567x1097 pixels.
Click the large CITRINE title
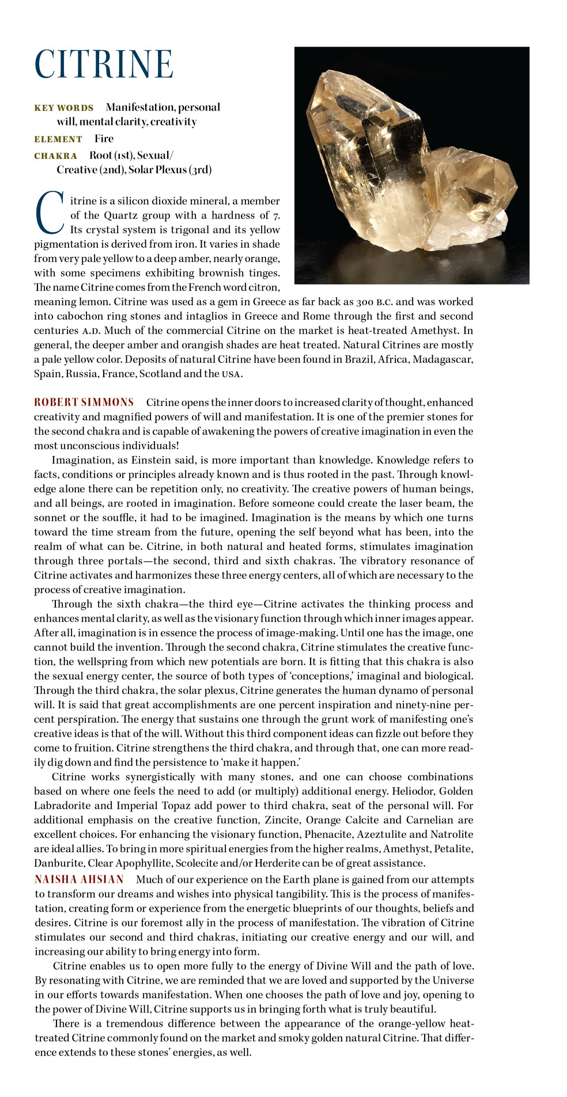click(104, 64)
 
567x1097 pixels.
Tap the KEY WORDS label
click(63, 108)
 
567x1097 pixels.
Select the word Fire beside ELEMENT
click(104, 139)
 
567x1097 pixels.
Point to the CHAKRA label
click(55, 156)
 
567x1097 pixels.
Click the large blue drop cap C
click(49, 212)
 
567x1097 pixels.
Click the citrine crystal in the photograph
click(403, 167)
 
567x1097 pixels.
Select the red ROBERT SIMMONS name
click(84, 403)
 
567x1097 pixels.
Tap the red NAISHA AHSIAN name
click(79, 879)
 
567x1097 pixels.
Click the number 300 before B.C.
click(365, 302)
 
